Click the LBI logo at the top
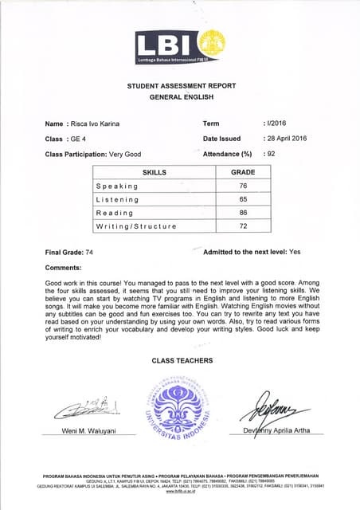[x=181, y=47]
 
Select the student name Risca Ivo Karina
[x=101, y=124]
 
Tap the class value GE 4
[x=83, y=138]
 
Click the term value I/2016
[x=277, y=124]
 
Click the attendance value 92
[x=277, y=153]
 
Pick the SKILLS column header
[x=154, y=172]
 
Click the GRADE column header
[x=243, y=172]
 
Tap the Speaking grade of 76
[x=243, y=186]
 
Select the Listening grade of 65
[x=243, y=199]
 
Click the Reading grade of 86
[x=243, y=213]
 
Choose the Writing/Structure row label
[x=135, y=226]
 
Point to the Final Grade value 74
[x=89, y=252]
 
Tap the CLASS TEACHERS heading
[x=182, y=361]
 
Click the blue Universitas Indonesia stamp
[x=182, y=409]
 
